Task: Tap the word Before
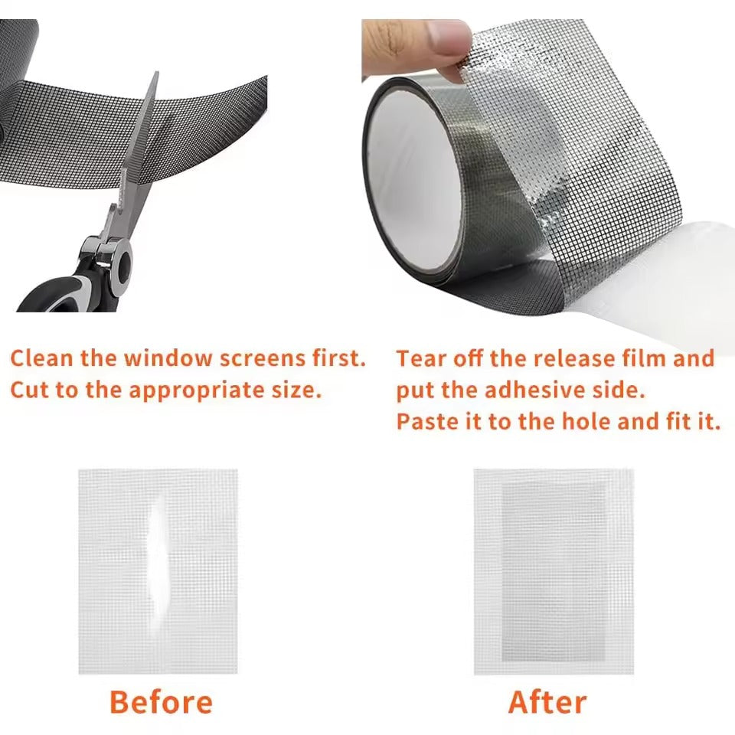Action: point(161,701)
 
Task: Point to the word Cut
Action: point(29,390)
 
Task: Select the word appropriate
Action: point(191,390)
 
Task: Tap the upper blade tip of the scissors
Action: point(155,76)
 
